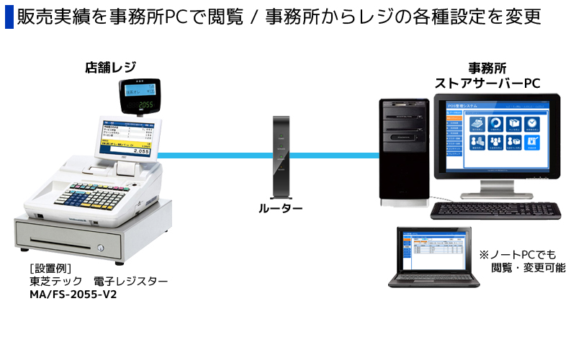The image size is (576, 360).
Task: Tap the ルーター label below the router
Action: tap(281, 209)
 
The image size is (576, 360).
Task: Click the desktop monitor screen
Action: tap(497, 139)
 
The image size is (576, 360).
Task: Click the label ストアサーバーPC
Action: tap(487, 84)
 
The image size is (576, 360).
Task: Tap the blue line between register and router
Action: tap(209, 154)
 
